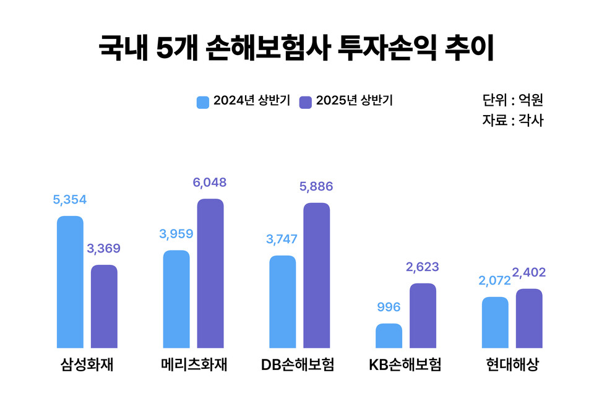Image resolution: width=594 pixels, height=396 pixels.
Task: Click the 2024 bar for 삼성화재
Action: pyautogui.click(x=70, y=282)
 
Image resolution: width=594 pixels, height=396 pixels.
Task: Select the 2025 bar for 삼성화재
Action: pyautogui.click(x=104, y=306)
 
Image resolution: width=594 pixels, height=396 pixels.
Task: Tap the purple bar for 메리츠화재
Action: pyautogui.click(x=210, y=273)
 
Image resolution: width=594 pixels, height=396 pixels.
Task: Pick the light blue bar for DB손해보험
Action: pyautogui.click(x=283, y=302)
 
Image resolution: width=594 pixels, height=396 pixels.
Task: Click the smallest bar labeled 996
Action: pyautogui.click(x=389, y=336)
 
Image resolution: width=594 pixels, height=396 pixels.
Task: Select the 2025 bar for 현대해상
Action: pyautogui.click(x=529, y=319)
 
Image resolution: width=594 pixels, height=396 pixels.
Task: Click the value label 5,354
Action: pyautogui.click(x=69, y=200)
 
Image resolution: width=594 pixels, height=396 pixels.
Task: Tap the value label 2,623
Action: pyautogui.click(x=423, y=267)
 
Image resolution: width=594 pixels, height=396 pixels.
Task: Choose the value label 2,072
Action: pyautogui.click(x=494, y=281)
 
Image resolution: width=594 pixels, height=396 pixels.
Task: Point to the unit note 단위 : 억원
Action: pyautogui.click(x=512, y=100)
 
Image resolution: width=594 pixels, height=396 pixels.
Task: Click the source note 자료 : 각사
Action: pyautogui.click(x=512, y=121)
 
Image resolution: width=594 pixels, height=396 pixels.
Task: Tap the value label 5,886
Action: pyautogui.click(x=316, y=186)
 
